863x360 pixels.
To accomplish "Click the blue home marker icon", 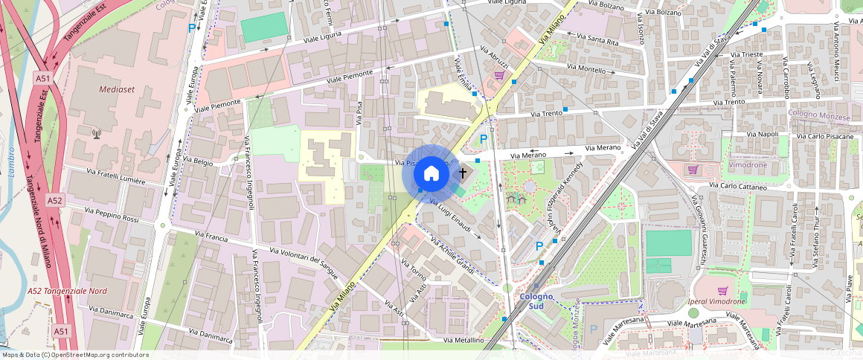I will click(x=431, y=174).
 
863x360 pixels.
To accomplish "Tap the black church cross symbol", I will click(x=462, y=173).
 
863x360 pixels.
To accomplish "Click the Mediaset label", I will click(x=100, y=89).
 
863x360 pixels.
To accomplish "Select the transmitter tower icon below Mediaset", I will click(x=96, y=134).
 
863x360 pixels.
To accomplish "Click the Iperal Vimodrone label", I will click(x=719, y=301).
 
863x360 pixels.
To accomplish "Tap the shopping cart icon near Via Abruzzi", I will click(x=499, y=74).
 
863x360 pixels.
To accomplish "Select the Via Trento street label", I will click(x=547, y=113).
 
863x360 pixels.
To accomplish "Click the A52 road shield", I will click(x=54, y=201).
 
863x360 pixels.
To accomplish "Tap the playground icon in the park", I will click(x=516, y=199).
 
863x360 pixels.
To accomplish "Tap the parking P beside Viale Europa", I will click(x=192, y=28).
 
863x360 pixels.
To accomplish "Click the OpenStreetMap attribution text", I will click(x=74, y=355).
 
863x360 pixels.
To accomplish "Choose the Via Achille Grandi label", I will click(x=454, y=254).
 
